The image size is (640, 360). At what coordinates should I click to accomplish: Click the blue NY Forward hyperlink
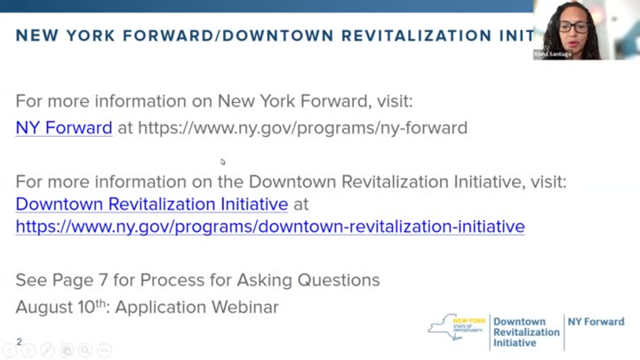click(x=63, y=128)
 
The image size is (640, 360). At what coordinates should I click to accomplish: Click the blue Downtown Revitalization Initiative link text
click(x=151, y=204)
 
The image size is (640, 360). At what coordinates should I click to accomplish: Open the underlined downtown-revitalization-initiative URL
click(x=269, y=227)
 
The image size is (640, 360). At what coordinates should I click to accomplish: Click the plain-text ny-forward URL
click(x=302, y=128)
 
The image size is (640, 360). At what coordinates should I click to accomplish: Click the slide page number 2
click(x=19, y=341)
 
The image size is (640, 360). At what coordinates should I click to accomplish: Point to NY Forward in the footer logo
click(x=596, y=322)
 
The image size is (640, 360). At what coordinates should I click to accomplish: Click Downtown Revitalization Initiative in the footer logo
click(x=526, y=332)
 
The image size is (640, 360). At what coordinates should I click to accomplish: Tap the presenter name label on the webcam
click(x=554, y=54)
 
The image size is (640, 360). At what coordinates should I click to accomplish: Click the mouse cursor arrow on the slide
click(x=223, y=162)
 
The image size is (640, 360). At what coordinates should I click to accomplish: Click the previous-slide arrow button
click(x=9, y=350)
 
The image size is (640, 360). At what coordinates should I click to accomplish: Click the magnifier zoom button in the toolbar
click(x=85, y=350)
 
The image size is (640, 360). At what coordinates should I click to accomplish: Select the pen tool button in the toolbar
click(x=47, y=350)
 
